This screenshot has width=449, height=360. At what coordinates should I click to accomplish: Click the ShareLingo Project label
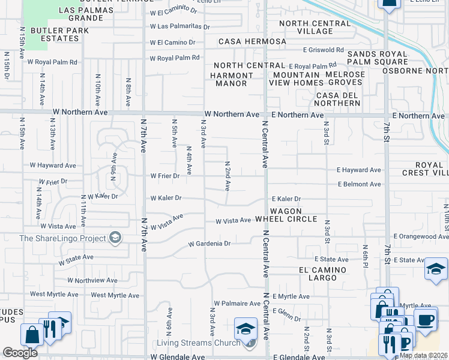(x=62, y=238)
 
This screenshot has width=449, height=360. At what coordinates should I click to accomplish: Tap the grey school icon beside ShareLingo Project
(x=115, y=238)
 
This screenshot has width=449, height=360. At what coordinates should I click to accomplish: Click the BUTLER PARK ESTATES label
(x=55, y=34)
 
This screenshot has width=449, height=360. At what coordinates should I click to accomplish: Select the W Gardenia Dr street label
(x=209, y=244)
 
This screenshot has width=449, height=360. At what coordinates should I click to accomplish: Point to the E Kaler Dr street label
(x=286, y=199)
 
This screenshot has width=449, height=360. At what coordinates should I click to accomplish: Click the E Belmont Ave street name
(x=359, y=185)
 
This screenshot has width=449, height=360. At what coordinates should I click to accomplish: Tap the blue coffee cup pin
(x=426, y=320)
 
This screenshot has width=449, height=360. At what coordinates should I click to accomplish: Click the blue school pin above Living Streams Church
(x=246, y=328)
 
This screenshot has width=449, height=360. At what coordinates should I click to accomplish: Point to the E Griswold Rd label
(x=324, y=50)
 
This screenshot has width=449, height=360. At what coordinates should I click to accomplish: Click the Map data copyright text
(x=423, y=355)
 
